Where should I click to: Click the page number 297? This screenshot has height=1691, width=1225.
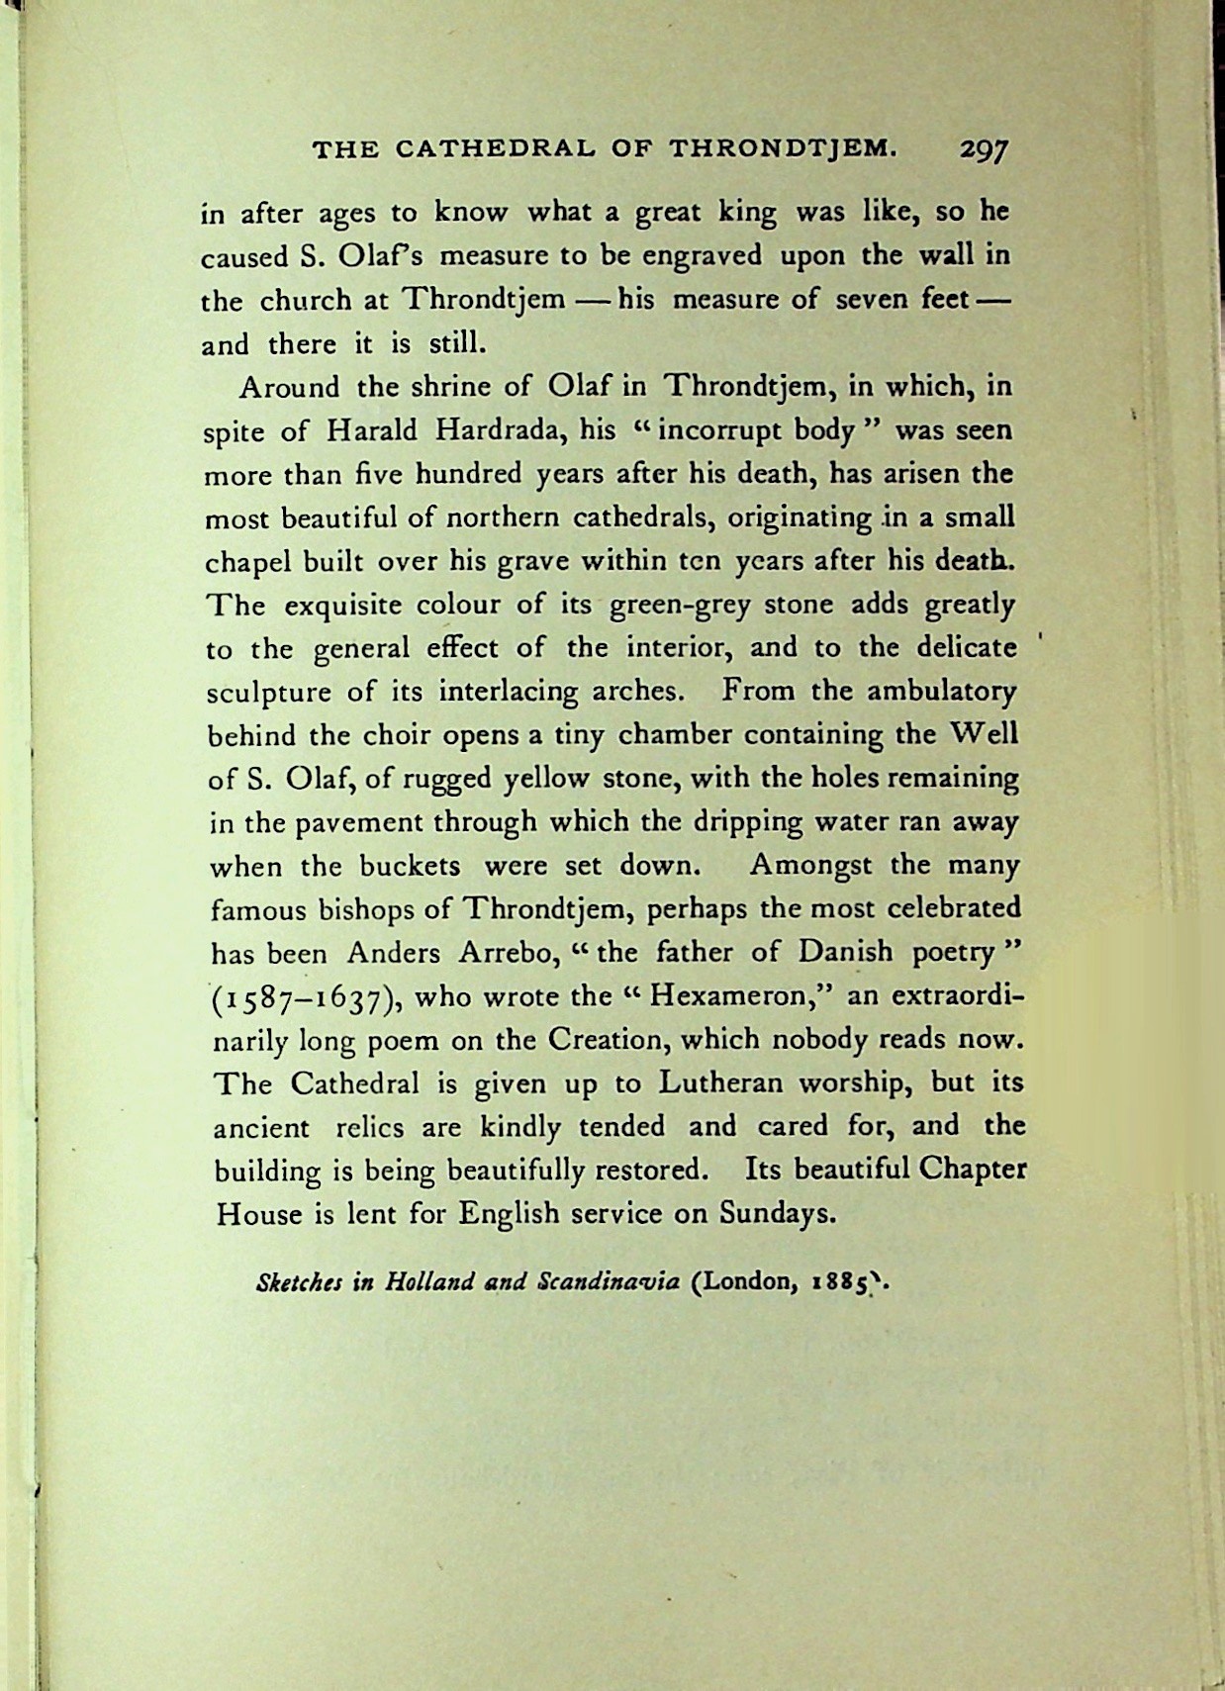tap(982, 149)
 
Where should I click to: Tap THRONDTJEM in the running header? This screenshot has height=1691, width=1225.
tap(783, 149)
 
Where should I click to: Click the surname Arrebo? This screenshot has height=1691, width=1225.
tap(501, 952)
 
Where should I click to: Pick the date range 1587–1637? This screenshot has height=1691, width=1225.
tap(306, 997)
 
